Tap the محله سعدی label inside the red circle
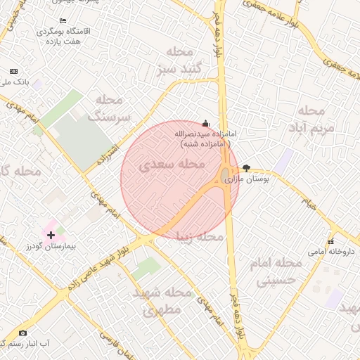[172, 165]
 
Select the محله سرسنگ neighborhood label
[109, 108]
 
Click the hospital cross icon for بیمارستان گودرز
[51, 233]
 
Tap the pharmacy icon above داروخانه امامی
[332, 240]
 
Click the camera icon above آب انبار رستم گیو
[22, 333]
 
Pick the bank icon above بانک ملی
[13, 71]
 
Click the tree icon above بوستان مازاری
[245, 167]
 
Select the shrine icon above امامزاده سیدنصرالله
[205, 122]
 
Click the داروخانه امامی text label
[332, 251]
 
